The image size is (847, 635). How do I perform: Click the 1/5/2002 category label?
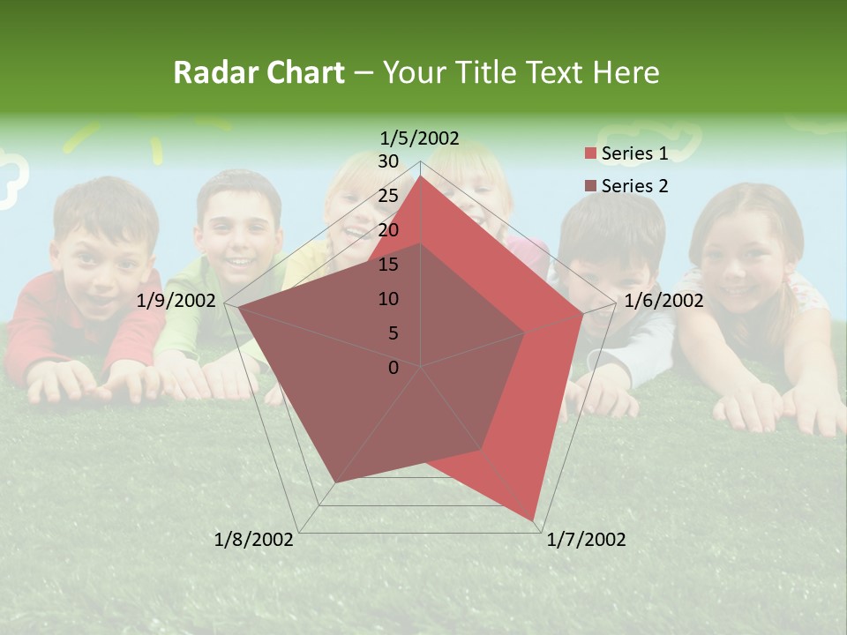[x=420, y=138]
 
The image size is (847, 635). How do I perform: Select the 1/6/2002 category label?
[x=663, y=301]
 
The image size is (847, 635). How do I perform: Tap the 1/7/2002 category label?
[x=586, y=540]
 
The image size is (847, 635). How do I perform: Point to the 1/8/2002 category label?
[x=254, y=540]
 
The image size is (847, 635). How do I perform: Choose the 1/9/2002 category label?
[x=176, y=301]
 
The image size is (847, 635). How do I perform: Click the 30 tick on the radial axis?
[x=388, y=161]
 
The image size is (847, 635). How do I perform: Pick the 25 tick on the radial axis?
[x=388, y=196]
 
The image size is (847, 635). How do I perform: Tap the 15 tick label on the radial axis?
[x=388, y=265]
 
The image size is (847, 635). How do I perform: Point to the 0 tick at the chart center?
[x=394, y=368]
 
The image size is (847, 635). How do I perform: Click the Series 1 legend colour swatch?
[x=590, y=153]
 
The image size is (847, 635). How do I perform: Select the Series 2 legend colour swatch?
[x=590, y=186]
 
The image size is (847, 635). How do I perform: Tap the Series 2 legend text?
[x=634, y=186]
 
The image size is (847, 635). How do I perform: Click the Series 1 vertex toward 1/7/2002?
[x=534, y=520]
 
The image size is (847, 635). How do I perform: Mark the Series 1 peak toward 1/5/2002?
[x=421, y=176]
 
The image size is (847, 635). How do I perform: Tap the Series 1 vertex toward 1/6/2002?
[x=583, y=314]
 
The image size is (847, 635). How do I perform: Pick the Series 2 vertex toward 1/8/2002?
[x=334, y=482]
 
